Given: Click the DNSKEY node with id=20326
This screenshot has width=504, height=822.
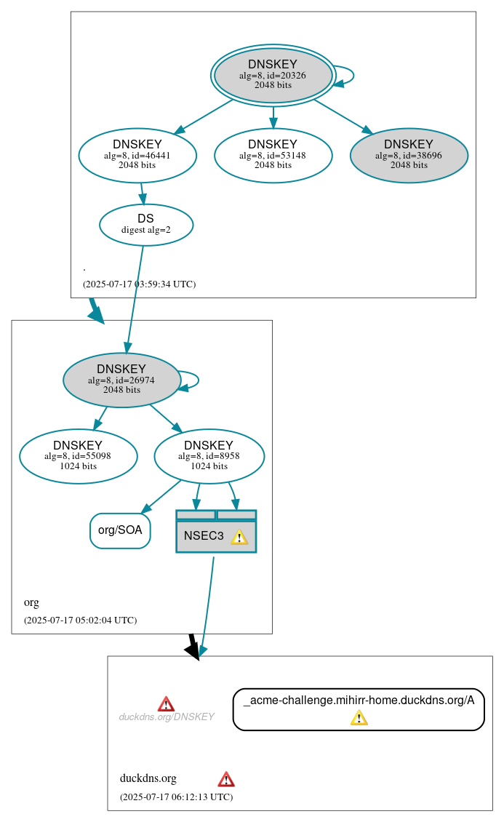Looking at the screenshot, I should pyautogui.click(x=273, y=75).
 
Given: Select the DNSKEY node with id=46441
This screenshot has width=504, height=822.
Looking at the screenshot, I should pyautogui.click(x=137, y=155).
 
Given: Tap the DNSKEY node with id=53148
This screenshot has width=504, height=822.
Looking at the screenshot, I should pyautogui.click(x=273, y=155).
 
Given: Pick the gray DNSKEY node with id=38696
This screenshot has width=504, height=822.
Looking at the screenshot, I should pyautogui.click(x=409, y=155).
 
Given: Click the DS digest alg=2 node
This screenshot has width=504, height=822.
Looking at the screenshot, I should pyautogui.click(x=145, y=224).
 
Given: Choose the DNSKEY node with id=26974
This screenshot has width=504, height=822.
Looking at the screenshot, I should pyautogui.click(x=121, y=380).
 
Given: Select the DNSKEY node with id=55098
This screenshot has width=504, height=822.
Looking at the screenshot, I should pyautogui.click(x=78, y=456).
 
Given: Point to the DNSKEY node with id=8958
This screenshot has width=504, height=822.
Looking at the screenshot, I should pyautogui.click(x=209, y=456).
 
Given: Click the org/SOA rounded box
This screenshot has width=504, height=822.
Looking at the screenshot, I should pyautogui.click(x=120, y=530).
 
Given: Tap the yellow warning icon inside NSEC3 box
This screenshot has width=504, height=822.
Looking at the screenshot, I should pyautogui.click(x=239, y=537).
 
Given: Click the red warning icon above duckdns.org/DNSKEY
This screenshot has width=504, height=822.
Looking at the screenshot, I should pyautogui.click(x=166, y=703).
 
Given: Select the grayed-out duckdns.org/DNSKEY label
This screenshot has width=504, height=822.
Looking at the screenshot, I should pyautogui.click(x=167, y=717).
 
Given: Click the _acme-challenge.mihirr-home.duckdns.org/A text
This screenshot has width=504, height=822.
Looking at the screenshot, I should pyautogui.click(x=359, y=701).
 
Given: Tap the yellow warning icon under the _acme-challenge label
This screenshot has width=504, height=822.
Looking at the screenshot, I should pyautogui.click(x=359, y=718).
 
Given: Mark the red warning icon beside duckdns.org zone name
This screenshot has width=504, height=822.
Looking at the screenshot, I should pyautogui.click(x=226, y=779).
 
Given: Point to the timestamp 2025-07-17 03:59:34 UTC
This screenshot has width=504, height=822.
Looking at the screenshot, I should pyautogui.click(x=139, y=284).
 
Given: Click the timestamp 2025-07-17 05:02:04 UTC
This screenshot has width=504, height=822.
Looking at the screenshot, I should pyautogui.click(x=80, y=621).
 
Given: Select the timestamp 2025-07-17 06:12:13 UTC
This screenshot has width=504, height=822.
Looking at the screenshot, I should pyautogui.click(x=176, y=797).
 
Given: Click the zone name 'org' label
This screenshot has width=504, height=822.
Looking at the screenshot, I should pyautogui.click(x=31, y=602).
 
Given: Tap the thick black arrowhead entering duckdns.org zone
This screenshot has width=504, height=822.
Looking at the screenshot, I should pyautogui.click(x=193, y=651).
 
